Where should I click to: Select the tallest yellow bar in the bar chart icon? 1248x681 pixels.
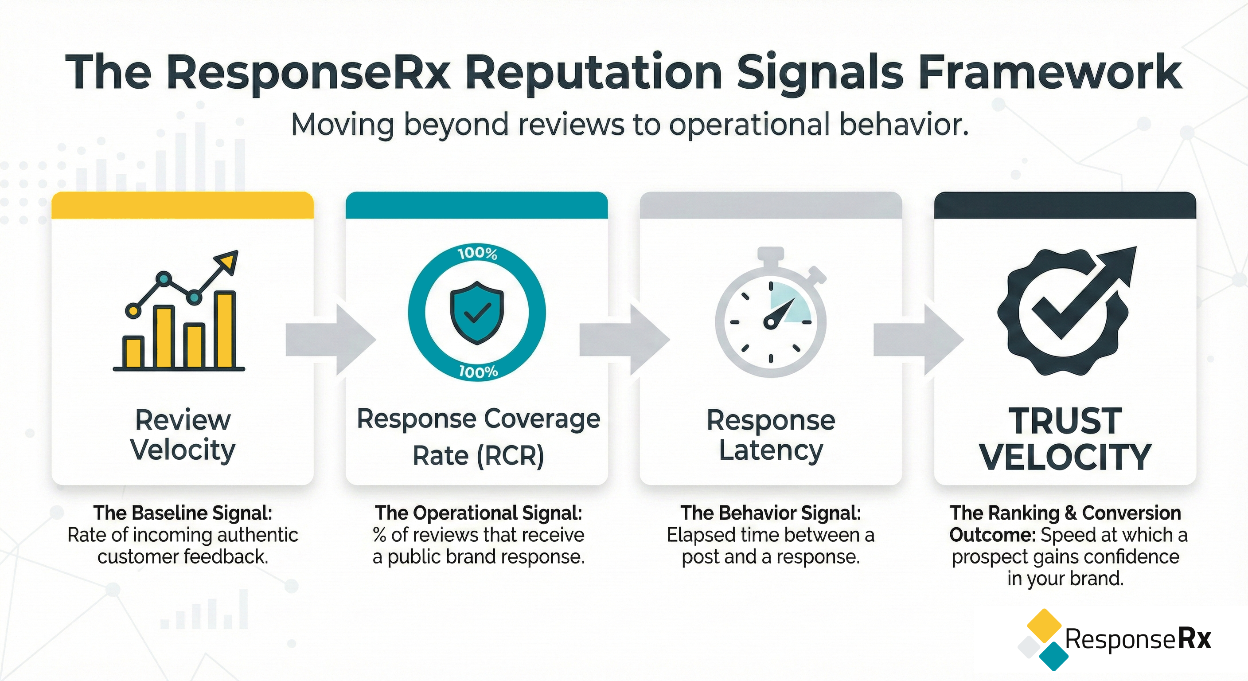click(x=225, y=329)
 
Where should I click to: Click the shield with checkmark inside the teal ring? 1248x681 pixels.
click(x=477, y=313)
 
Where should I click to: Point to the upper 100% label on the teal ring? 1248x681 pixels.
click(x=478, y=254)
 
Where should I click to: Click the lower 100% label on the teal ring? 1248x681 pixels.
click(x=478, y=372)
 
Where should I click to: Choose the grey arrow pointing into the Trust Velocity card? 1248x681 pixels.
click(x=918, y=339)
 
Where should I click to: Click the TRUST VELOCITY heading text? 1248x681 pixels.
click(x=1065, y=438)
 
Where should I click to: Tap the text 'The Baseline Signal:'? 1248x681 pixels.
click(x=183, y=513)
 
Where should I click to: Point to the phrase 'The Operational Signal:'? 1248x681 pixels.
click(x=478, y=513)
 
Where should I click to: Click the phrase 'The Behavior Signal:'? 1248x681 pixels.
click(x=770, y=513)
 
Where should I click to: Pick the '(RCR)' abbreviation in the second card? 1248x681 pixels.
click(x=511, y=456)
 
